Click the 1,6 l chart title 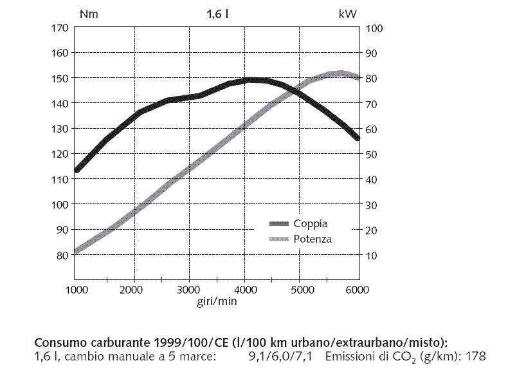click(x=218, y=13)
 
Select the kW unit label click(x=347, y=13)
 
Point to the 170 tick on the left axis click(x=59, y=28)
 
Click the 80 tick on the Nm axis click(x=62, y=255)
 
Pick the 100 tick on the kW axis click(x=374, y=28)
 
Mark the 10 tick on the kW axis click(x=372, y=255)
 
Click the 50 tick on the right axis click(x=372, y=154)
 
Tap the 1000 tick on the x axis click(x=76, y=290)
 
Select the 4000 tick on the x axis click(x=245, y=290)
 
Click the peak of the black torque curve click(x=252, y=80)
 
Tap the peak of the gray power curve click(x=341, y=73)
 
